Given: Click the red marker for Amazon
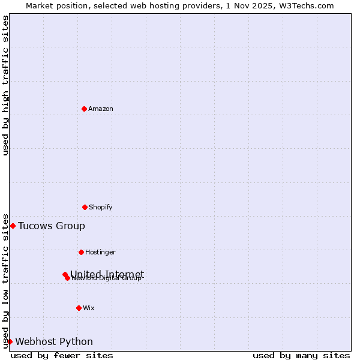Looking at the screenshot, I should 84,109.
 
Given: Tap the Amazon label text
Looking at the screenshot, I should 101,109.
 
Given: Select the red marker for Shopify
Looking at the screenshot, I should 85,207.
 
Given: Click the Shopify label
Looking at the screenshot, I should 101,207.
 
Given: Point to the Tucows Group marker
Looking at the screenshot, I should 13,226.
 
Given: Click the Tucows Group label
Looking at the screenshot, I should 52,226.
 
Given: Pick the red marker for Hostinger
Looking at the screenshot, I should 81,252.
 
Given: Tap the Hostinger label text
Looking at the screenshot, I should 100,252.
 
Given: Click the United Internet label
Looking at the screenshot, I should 107,274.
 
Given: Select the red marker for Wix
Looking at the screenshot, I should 79,308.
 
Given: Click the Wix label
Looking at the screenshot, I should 89,308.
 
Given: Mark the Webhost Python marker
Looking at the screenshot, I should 10,341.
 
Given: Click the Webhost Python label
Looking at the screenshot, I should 54,341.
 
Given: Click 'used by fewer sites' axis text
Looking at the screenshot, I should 62,355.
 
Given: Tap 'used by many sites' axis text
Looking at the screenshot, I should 301,355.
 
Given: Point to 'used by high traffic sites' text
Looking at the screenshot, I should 5,85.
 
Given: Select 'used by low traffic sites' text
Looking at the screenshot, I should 5,280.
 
